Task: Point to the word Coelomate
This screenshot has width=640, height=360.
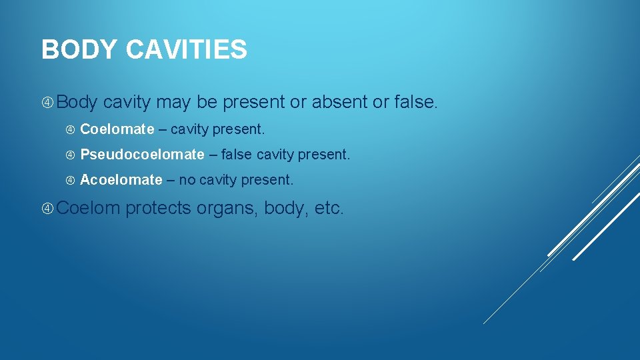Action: [x=117, y=129]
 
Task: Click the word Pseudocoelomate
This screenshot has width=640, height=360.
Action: [x=142, y=155]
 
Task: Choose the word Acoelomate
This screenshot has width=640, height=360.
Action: [x=121, y=180]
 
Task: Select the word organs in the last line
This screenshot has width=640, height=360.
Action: [x=227, y=209]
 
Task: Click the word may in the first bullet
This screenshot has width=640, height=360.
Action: [x=173, y=103]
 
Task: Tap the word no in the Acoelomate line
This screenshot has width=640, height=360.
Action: [x=187, y=180]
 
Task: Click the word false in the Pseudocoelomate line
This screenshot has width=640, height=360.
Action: [x=237, y=155]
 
